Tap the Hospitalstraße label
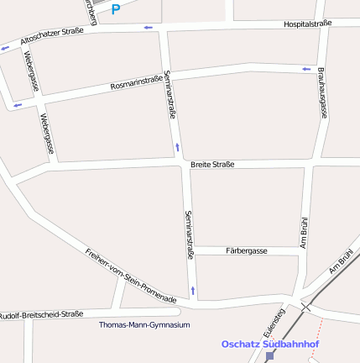point(307,24)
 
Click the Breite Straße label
point(212,164)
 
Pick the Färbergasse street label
point(246,251)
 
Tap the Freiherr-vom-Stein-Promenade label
point(131,275)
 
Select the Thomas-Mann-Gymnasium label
point(144,324)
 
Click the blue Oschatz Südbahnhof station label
point(270,344)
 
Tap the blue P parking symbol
point(116,10)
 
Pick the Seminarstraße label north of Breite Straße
point(170,93)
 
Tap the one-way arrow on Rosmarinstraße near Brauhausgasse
point(305,68)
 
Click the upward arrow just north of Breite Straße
point(177,148)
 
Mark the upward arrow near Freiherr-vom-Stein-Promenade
point(193,291)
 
